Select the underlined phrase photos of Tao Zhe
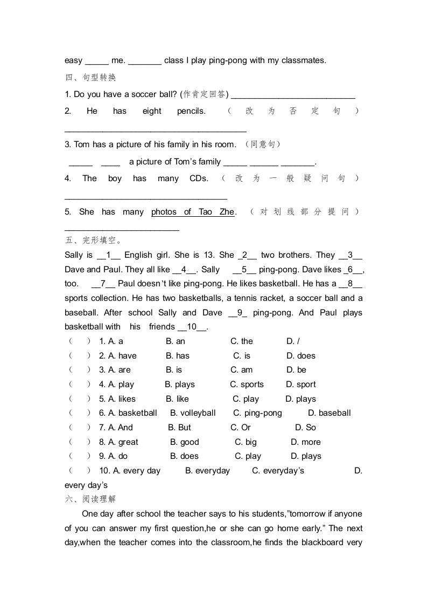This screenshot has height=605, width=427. (x=193, y=212)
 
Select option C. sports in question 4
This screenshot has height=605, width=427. (x=247, y=384)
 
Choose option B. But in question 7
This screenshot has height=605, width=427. (x=179, y=428)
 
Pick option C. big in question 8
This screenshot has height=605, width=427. (x=246, y=442)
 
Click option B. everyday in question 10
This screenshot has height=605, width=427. (x=207, y=471)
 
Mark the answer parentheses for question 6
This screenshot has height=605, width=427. (x=80, y=413)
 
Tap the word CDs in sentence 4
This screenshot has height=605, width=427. (x=199, y=178)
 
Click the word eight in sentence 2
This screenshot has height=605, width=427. (x=152, y=111)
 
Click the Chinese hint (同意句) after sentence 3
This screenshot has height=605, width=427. (x=263, y=145)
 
